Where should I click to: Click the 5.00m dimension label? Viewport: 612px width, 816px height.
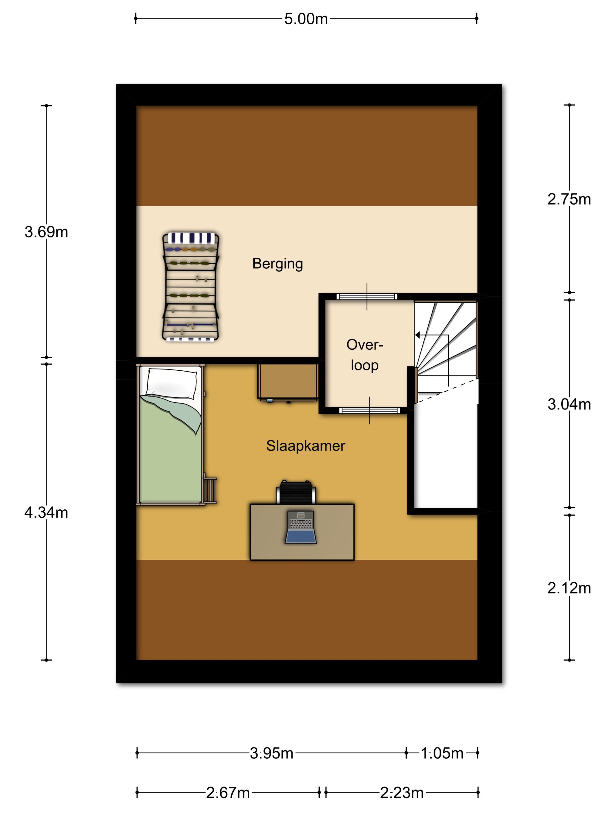(305, 19)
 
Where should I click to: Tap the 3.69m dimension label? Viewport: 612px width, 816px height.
(46, 232)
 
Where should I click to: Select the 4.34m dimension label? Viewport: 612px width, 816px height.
(46, 513)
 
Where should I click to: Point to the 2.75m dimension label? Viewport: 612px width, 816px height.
(569, 199)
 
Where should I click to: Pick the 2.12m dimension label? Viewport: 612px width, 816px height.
(569, 588)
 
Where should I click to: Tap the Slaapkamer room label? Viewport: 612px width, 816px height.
(305, 446)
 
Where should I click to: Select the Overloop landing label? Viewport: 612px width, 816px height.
(364, 355)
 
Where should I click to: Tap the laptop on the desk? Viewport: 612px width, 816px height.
(301, 527)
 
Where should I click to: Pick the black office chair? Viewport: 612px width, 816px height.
(296, 492)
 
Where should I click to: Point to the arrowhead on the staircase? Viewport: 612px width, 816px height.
(418, 335)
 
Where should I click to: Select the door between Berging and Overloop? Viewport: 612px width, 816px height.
(367, 296)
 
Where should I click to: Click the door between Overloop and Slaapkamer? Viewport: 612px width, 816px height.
(369, 410)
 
